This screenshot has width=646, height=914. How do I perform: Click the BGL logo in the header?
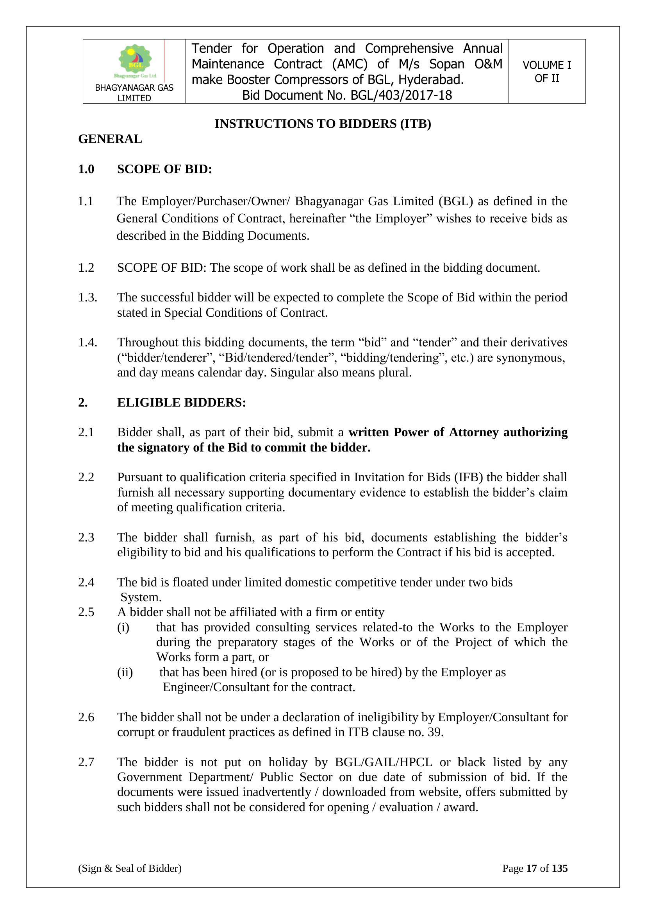[135, 61]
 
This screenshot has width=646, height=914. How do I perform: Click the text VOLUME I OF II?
[546, 72]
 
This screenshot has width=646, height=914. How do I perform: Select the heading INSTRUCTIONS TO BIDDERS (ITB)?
[323, 124]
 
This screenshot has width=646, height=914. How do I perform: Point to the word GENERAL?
[110, 139]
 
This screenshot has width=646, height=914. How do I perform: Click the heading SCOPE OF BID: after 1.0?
[164, 169]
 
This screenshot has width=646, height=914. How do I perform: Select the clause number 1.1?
[86, 201]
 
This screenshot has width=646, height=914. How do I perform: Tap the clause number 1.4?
[87, 342]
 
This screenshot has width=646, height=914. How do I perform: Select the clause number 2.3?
[86, 538]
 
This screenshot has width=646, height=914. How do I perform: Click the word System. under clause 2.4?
[141, 597]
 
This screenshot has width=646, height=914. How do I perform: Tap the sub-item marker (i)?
[123, 627]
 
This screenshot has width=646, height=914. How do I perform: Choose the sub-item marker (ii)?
[125, 672]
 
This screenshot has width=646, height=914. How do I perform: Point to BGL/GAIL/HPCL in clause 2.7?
[384, 762]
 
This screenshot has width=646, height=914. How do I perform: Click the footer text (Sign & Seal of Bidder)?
[130, 868]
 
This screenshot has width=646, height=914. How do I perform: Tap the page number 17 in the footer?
[532, 868]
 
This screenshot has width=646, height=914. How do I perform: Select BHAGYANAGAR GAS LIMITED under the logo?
[134, 93]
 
